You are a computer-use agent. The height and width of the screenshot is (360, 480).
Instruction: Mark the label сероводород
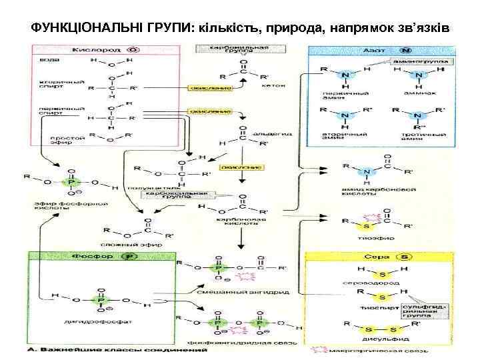coord(381,282)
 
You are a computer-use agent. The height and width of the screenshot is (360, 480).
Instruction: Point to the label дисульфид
coord(382,339)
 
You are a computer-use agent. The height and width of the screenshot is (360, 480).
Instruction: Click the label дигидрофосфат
coord(97,319)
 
